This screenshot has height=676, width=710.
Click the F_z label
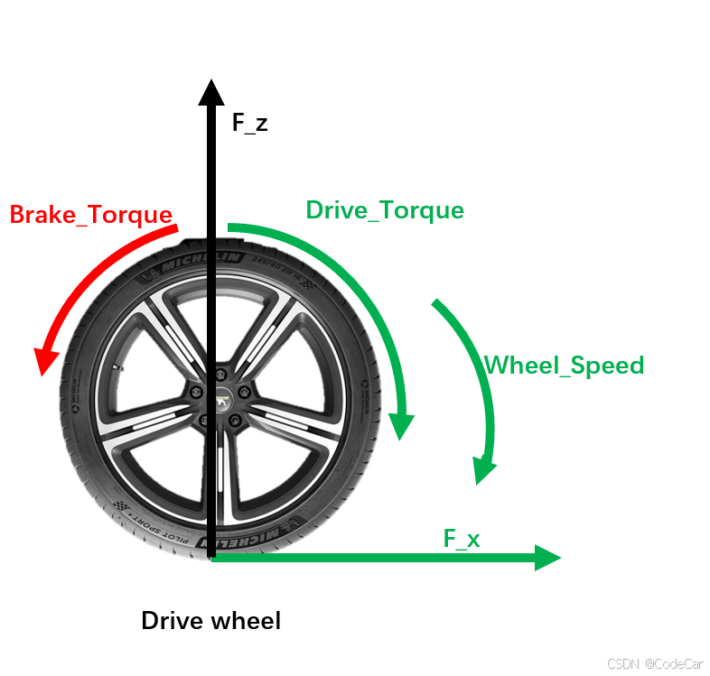250,123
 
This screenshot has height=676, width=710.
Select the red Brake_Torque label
90,215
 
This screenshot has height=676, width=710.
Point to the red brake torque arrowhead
42,360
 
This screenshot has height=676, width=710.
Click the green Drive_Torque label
385,210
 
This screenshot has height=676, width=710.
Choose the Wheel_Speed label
564,366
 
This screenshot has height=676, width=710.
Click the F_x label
462,540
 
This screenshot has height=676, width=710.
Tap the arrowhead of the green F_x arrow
547,557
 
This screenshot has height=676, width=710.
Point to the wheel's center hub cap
220,397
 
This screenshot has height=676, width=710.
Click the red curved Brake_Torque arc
90,271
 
